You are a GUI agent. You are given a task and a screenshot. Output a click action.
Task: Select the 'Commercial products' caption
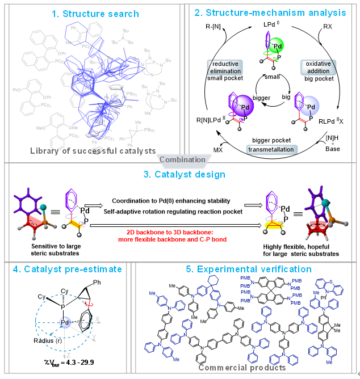click(x=241, y=368)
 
